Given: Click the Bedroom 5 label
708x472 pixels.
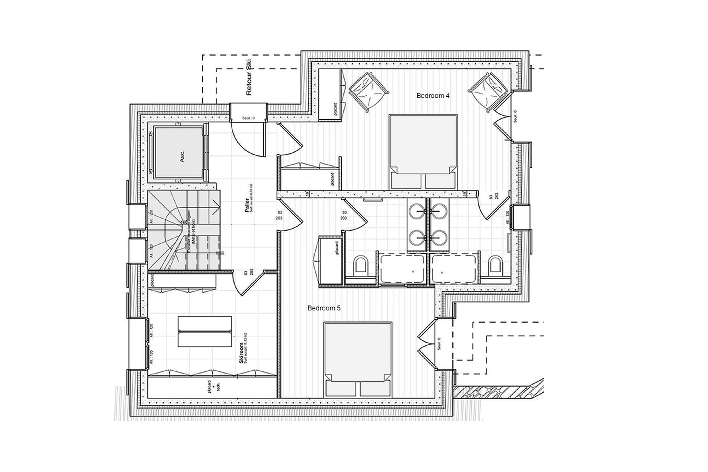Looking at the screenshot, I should pos(324,308).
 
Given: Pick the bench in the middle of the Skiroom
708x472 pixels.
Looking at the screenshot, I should pos(205,331).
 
